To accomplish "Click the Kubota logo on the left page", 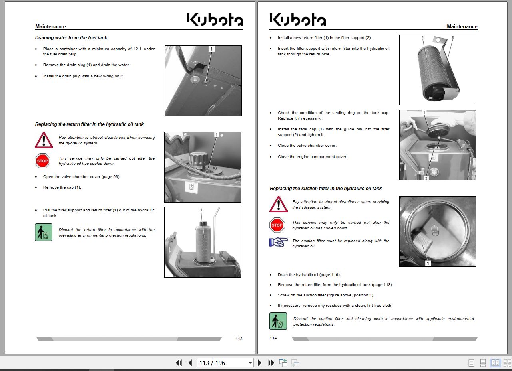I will coord(215,20).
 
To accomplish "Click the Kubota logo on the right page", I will coord(297,20).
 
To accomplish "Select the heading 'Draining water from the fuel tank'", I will coord(71,38).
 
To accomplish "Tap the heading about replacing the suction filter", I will coord(325,189).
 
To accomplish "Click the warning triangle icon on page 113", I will coord(44,140).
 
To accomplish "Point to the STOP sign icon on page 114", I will coord(277,225).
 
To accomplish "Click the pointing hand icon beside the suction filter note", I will coord(278,242).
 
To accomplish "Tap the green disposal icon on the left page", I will coord(44,232).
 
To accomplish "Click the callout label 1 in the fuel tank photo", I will coord(211,49).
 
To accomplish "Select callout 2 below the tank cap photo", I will coord(426,178).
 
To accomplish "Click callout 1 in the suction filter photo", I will coord(428,263).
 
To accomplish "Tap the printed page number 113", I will coord(239,339).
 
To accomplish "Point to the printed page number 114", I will coord(273,338).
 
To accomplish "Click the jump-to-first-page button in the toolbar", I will coord(179,363).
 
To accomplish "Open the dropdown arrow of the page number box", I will coord(251,363).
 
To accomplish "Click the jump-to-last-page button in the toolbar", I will coord(271,363).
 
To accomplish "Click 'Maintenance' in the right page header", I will coord(462,27).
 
